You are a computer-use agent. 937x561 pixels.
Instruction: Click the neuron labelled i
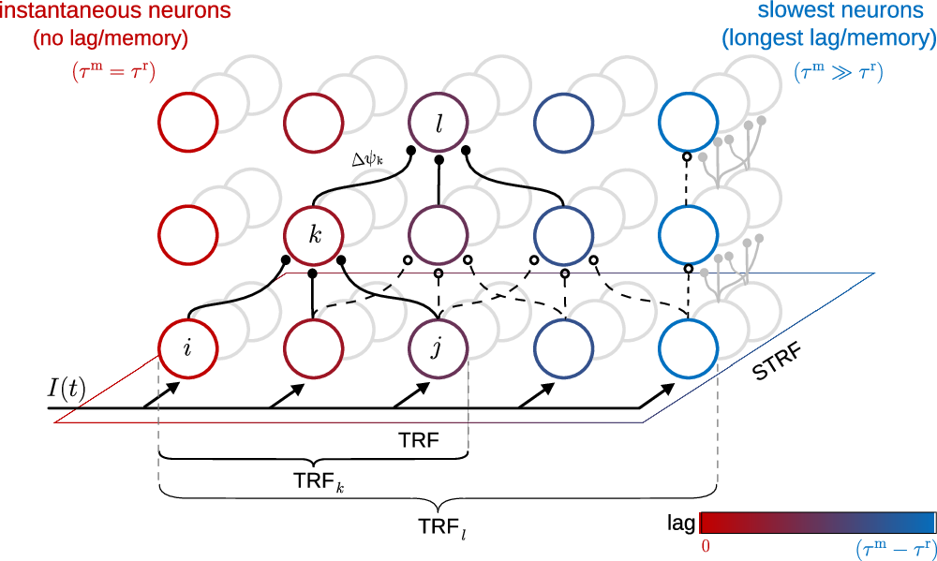pos(188,349)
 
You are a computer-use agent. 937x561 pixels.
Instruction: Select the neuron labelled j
pos(438,349)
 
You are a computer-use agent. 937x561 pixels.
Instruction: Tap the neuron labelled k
pos(313,233)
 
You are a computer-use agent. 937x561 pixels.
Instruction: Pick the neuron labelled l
pos(438,123)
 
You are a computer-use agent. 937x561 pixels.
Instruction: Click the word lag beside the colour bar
pos(681,523)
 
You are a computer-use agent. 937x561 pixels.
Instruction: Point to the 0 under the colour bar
pos(706,544)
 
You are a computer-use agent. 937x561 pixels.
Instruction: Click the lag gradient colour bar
pos(817,523)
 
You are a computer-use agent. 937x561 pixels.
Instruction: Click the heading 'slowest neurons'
pos(828,13)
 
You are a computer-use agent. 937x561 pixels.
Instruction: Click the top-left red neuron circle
pos(188,123)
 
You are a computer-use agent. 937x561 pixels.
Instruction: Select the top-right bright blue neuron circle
pos(688,123)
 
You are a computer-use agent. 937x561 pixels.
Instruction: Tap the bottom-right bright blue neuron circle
pos(688,349)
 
